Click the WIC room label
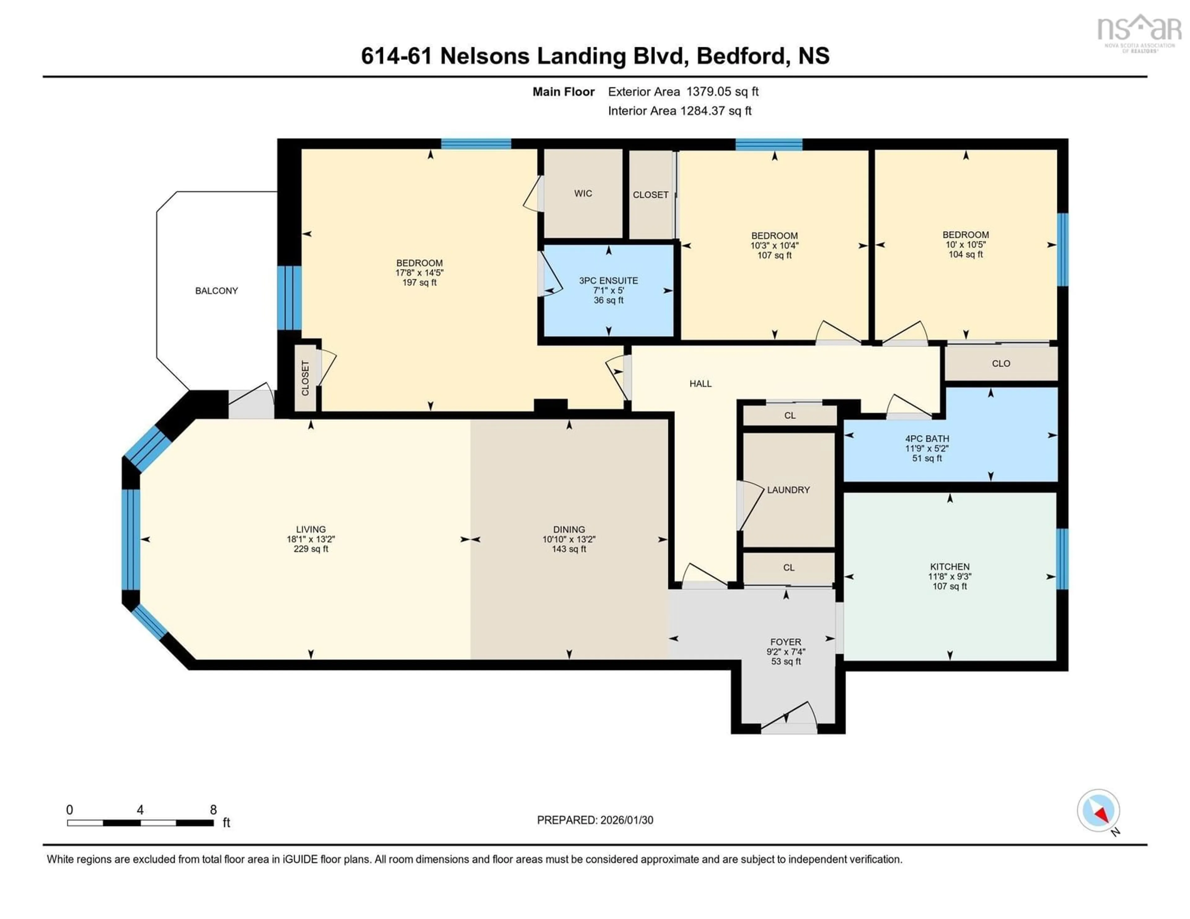tap(583, 193)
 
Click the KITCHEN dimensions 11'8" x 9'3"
tap(950, 576)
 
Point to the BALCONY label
tap(216, 291)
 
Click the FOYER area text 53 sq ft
tap(786, 661)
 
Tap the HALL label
tap(700, 384)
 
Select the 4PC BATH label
tap(927, 438)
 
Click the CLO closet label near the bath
tap(1001, 363)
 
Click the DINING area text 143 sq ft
tap(569, 549)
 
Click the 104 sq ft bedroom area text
tap(966, 254)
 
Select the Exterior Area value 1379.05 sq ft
tap(722, 91)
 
